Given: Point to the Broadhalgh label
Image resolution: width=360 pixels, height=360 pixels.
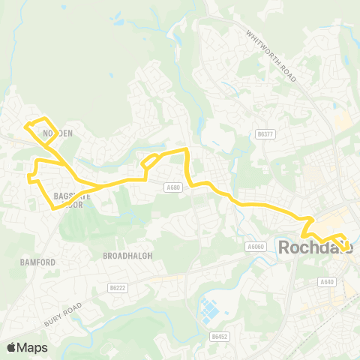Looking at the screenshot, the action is pyautogui.click(x=127, y=255).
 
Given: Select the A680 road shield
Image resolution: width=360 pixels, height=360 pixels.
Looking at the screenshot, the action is pyautogui.click(x=173, y=187).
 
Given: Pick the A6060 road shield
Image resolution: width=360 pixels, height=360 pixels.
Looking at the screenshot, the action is pyautogui.click(x=257, y=244).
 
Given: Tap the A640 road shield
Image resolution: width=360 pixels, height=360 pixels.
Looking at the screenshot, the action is pyautogui.click(x=325, y=282).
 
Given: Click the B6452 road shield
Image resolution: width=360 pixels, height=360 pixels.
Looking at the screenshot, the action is pyautogui.click(x=219, y=337).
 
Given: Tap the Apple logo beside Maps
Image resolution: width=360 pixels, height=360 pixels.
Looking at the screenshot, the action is pyautogui.click(x=13, y=347).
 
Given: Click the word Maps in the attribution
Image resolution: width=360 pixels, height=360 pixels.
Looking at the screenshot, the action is pyautogui.click(x=33, y=347).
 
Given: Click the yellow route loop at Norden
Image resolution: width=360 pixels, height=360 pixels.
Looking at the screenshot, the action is pyautogui.click(x=38, y=129).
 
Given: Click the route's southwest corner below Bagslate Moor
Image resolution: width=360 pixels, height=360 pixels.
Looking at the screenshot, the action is pyautogui.click(x=55, y=208).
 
